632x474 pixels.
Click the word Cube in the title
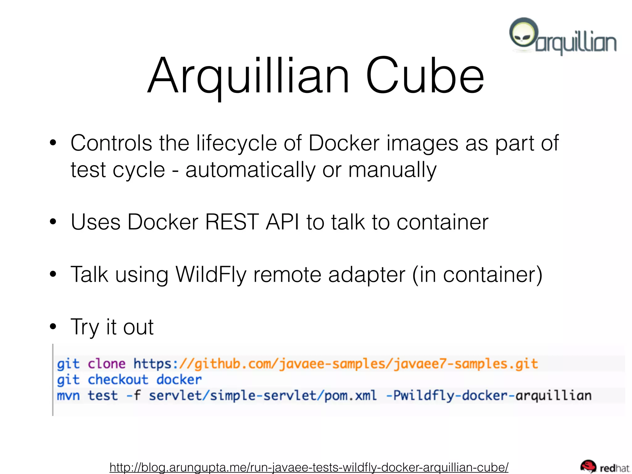pyautogui.click(x=425, y=76)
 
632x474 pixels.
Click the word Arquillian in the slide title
pyautogui.click(x=249, y=76)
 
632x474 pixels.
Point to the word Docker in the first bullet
pyautogui.click(x=344, y=143)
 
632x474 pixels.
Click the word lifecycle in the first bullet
pyautogui.click(x=237, y=143)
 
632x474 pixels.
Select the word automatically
pyautogui.click(x=250, y=170)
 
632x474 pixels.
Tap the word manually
pyautogui.click(x=392, y=170)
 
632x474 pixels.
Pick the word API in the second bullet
pyautogui.click(x=282, y=222)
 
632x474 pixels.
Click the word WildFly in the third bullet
pyautogui.click(x=211, y=274)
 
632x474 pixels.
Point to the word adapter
pyautogui.click(x=367, y=274)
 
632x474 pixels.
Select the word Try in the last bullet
pyautogui.click(x=84, y=327)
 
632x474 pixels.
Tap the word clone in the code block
pyautogui.click(x=106, y=364)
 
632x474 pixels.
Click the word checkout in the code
pyautogui.click(x=118, y=380)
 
